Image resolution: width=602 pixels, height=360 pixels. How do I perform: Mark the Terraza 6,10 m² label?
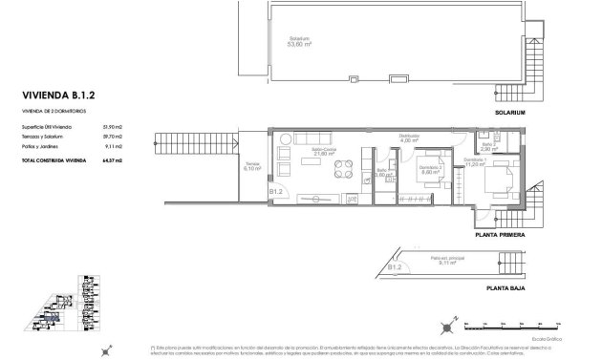pos(252,166)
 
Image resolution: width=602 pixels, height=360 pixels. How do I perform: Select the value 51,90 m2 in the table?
pos(140,124)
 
